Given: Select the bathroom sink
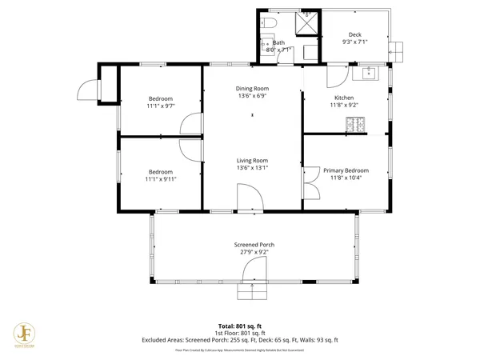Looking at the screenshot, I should pyautogui.click(x=310, y=52).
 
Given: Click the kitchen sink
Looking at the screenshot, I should pyautogui.click(x=369, y=74).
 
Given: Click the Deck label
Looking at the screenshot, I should pyautogui.click(x=354, y=34).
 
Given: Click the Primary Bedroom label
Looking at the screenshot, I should pyautogui.click(x=346, y=170).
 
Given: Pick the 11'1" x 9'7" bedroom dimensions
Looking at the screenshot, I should pyautogui.click(x=160, y=106).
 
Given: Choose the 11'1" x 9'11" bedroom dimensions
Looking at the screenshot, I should pyautogui.click(x=160, y=179).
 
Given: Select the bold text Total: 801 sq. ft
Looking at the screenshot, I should pyautogui.click(x=239, y=326).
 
